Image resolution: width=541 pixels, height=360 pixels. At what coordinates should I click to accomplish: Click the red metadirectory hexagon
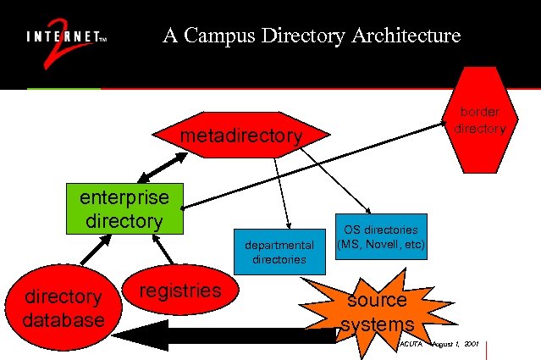(241, 136)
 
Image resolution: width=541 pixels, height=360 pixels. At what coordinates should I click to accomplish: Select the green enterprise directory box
(125, 208)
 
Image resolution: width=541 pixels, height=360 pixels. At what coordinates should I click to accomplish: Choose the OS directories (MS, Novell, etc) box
(381, 235)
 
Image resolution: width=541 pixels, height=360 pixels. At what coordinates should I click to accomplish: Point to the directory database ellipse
(63, 307)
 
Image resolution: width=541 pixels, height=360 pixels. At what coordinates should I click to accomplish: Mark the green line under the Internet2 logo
(63, 88)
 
